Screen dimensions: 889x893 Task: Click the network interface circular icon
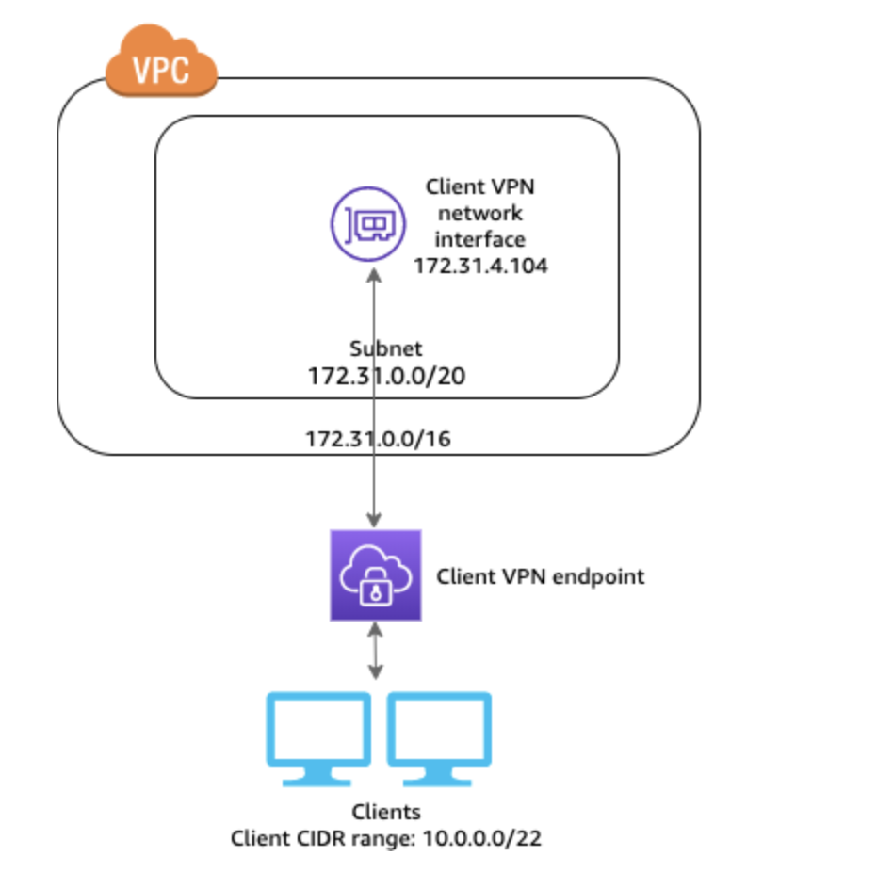click(369, 223)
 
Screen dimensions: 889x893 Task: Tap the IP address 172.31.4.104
click(480, 267)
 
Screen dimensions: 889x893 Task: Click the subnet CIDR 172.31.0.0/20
click(386, 376)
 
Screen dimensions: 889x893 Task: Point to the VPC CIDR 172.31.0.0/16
click(377, 440)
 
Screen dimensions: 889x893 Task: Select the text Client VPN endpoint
click(541, 576)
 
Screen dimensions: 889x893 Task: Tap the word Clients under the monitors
click(385, 812)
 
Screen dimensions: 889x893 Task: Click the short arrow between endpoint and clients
click(376, 651)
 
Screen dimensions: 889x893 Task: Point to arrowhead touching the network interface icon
click(376, 275)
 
